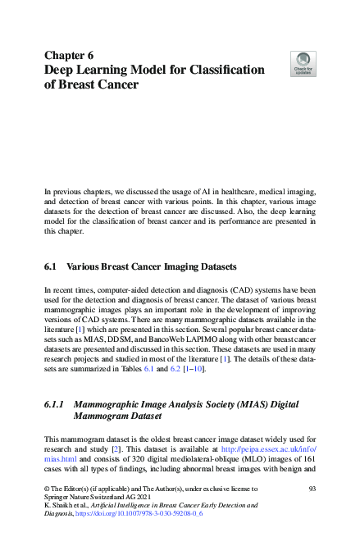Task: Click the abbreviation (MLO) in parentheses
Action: coord(256,461)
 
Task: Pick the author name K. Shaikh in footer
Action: coord(59,505)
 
